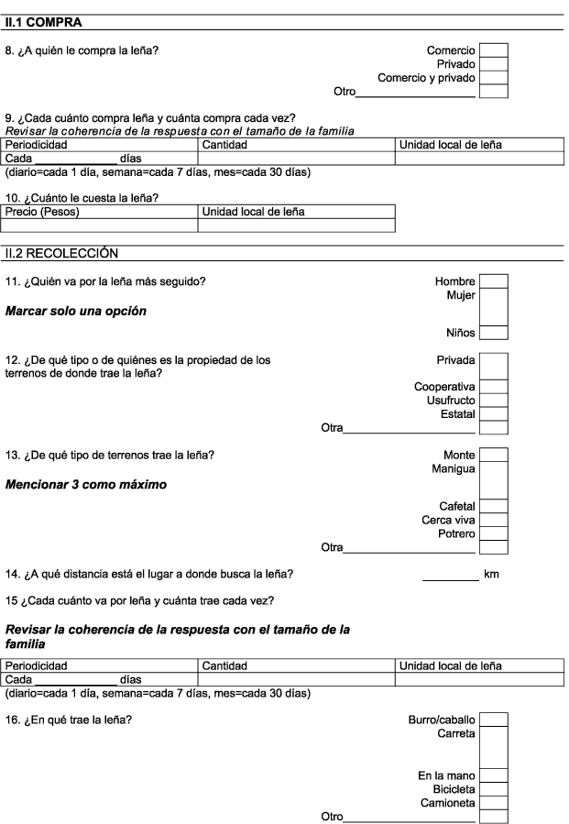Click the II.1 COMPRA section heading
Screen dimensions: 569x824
pos(44,23)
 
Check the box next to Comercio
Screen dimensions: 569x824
pos(493,50)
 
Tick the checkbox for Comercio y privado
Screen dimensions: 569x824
pos(493,78)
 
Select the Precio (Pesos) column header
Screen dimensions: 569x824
pos(42,212)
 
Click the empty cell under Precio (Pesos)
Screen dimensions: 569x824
pos(99,225)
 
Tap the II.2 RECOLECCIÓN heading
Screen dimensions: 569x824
pos(61,253)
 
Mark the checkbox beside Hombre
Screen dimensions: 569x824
pos(493,281)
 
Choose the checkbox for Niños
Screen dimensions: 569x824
pos(493,333)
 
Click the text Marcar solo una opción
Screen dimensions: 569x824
pos(76,311)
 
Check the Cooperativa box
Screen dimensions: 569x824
pos(493,387)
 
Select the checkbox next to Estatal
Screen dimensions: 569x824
pos(493,414)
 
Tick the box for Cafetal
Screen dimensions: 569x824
pos(493,506)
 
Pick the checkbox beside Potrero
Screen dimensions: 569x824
pos(493,533)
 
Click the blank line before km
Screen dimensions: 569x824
pos(451,580)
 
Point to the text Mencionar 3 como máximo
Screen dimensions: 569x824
pos(85,485)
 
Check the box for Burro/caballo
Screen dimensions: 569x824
pos(493,720)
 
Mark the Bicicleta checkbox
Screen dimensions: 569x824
pos(493,789)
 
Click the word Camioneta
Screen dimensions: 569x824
pos(447,803)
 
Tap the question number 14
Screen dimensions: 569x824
pos(13,574)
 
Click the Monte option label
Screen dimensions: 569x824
pos(459,456)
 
